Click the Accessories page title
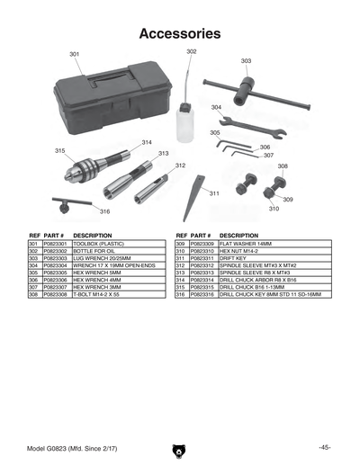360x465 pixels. click(x=180, y=33)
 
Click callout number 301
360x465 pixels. click(x=74, y=55)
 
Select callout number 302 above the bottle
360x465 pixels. click(x=192, y=52)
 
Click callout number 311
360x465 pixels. click(x=215, y=193)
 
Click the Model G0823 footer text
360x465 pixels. click(x=66, y=447)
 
